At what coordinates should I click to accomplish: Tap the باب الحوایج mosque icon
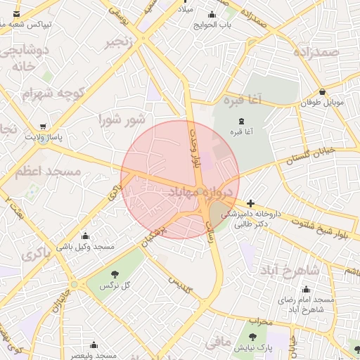(212, 14)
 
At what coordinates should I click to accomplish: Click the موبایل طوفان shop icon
(322, 91)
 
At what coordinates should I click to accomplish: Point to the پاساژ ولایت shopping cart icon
(44, 127)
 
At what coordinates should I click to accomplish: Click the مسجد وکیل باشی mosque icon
(86, 236)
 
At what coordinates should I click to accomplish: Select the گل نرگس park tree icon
(115, 274)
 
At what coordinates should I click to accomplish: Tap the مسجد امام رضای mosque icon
(306, 289)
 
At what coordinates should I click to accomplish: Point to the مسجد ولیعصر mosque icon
(94, 345)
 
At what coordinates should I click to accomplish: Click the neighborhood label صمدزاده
(318, 53)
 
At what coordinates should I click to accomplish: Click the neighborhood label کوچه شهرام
(53, 93)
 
